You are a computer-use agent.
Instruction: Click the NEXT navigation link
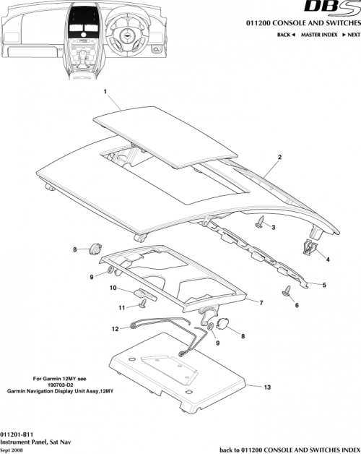348,35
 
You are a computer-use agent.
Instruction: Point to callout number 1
105,93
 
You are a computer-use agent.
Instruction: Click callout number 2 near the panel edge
279,157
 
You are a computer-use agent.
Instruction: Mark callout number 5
324,285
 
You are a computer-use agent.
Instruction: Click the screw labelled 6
287,291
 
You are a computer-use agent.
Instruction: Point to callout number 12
115,329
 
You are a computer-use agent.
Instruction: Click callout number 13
266,387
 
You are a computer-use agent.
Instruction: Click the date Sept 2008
14,449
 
